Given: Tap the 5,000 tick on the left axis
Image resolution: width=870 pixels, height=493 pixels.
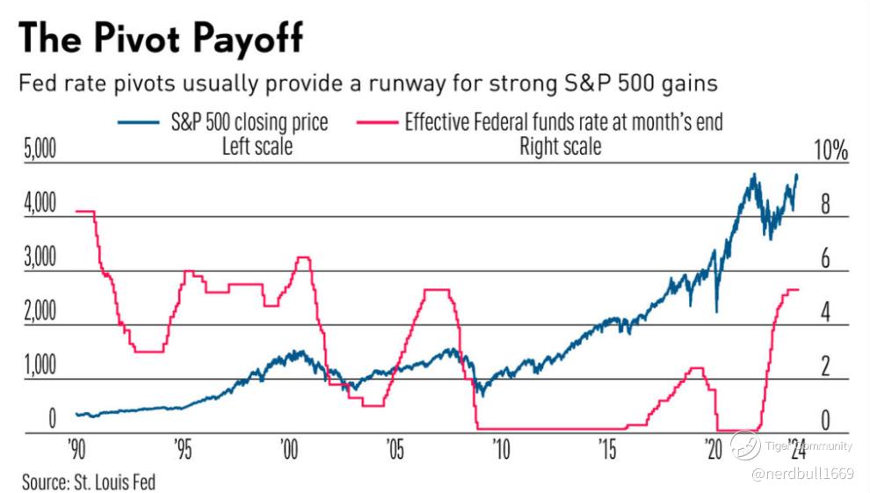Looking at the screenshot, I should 38,150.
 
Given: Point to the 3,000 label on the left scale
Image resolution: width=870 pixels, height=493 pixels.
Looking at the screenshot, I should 38,258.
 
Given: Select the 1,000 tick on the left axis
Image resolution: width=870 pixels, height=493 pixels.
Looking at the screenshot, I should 38,366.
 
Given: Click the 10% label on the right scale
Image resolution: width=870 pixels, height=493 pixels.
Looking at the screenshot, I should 830,150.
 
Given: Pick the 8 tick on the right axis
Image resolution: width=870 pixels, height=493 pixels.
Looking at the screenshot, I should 825,205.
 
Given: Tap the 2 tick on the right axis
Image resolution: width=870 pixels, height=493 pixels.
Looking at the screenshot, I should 825,366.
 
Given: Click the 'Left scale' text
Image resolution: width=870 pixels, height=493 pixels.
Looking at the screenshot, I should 256,146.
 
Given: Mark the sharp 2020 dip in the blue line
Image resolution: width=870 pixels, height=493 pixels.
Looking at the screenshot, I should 717,310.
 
